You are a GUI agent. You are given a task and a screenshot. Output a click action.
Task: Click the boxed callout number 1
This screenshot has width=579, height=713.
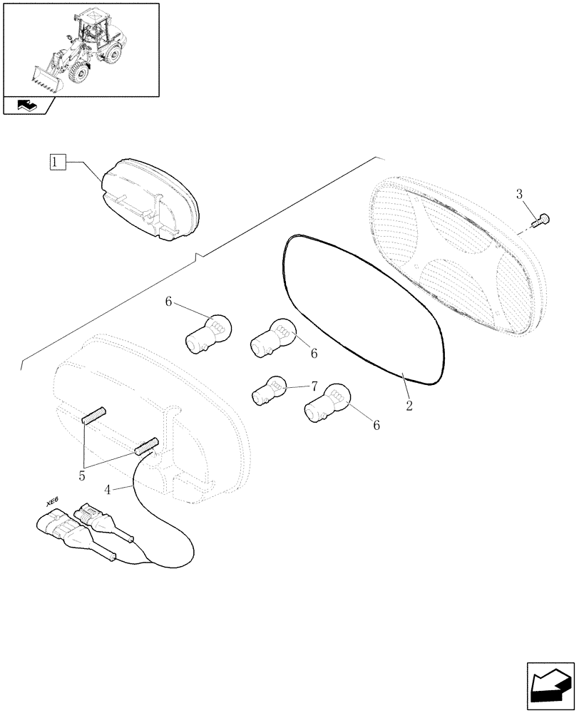(x=58, y=163)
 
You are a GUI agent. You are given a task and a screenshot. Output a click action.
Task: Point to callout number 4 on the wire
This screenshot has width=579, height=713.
(x=108, y=490)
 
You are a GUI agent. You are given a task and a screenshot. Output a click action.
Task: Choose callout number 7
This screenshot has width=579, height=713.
(x=313, y=386)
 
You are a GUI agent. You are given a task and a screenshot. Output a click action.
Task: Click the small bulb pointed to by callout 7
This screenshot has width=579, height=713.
(x=270, y=391)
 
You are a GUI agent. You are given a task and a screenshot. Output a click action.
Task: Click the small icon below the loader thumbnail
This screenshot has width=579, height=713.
(x=29, y=106)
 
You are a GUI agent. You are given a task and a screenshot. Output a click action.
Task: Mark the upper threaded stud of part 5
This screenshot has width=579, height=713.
(x=94, y=414)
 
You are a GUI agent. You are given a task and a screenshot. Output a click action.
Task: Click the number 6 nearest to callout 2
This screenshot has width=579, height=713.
(x=376, y=426)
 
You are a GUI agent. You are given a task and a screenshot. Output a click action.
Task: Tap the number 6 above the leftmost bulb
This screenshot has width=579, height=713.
(x=169, y=302)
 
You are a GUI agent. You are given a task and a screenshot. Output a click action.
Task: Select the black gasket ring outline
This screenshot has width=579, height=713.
(x=285, y=278)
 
